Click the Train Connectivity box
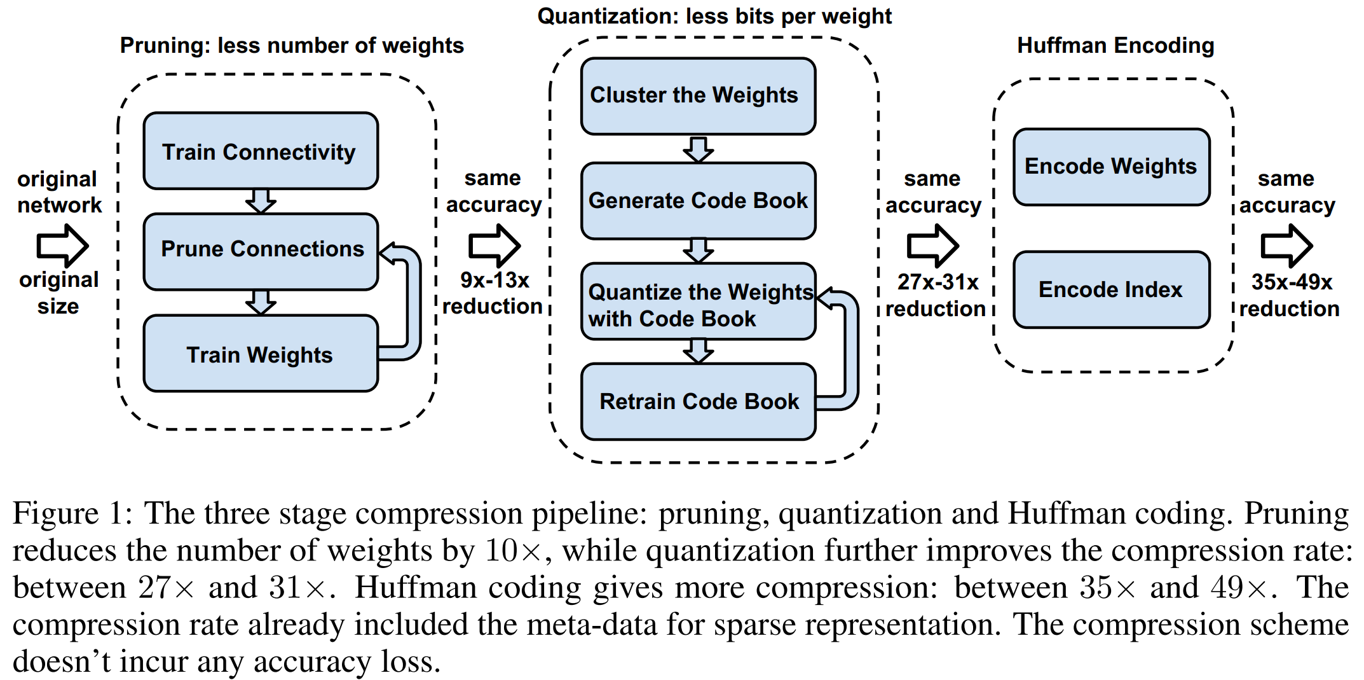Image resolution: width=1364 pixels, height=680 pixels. pos(261,151)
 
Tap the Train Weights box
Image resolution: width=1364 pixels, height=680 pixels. pos(261,354)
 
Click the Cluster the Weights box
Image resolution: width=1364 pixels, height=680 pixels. pos(698,96)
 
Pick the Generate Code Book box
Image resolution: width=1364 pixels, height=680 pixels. pos(698,201)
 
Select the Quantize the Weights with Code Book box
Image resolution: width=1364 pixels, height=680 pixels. pos(698,302)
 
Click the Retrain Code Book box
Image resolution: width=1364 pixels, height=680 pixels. pos(698,401)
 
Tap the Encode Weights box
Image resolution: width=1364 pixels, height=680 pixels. pos(1111,167)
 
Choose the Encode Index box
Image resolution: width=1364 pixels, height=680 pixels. pos(1111,290)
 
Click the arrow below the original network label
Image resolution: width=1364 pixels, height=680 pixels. pos(62,246)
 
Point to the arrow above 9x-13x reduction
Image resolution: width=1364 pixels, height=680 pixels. pos(494,246)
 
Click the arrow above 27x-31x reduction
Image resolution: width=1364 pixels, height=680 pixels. pos(932,246)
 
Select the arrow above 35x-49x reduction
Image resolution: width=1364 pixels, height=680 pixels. pos(1286,246)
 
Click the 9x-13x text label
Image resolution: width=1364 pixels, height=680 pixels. pos(494,280)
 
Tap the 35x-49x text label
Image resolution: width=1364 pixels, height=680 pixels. pos(1292,282)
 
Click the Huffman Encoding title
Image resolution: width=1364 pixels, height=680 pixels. pos(1115,46)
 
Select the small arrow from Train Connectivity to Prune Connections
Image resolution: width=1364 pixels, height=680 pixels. pos(261,201)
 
